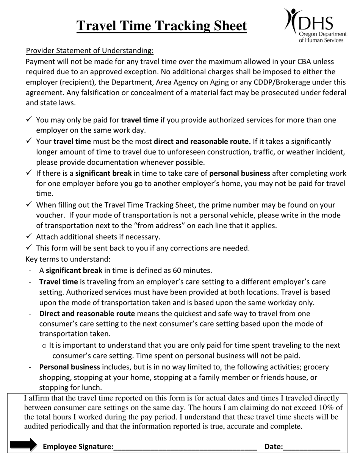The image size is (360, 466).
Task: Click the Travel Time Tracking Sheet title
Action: pyautogui.click(x=162, y=26)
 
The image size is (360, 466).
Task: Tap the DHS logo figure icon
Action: pyautogui.click(x=290, y=21)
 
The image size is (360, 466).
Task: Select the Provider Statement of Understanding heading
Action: pyautogui.click(x=90, y=51)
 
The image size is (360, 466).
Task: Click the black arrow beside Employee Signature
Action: pyautogui.click(x=23, y=445)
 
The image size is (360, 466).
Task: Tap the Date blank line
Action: pyautogui.click(x=311, y=447)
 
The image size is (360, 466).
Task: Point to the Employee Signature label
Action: pyautogui.click(x=78, y=447)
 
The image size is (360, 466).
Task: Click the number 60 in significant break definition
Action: pyautogui.click(x=177, y=271)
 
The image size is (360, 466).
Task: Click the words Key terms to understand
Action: pyautogui.click(x=68, y=259)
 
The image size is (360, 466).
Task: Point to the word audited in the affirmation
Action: pyautogui.click(x=38, y=427)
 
